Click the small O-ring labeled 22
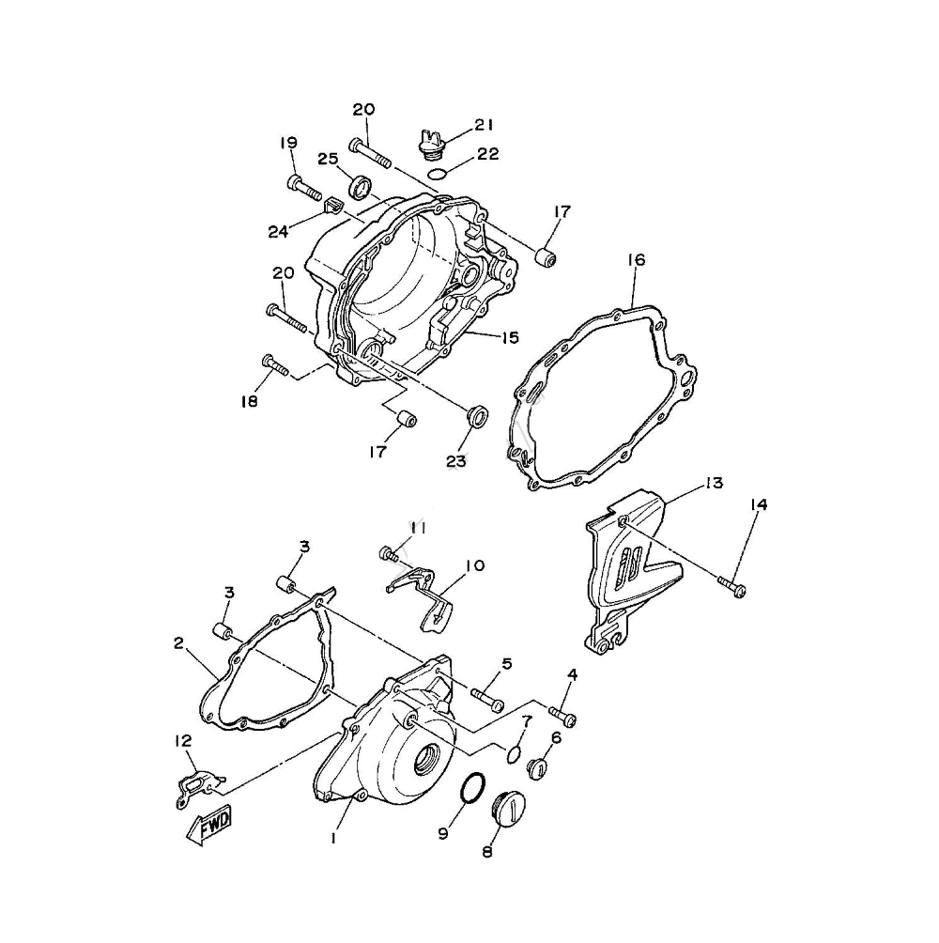point(438,175)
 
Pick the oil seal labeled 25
point(360,185)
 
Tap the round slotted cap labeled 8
point(509,808)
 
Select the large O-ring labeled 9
point(472,787)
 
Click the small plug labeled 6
point(537,768)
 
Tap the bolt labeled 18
point(276,365)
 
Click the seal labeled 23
point(478,416)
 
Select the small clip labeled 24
point(332,206)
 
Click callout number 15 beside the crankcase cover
point(510,337)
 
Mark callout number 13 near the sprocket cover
point(715,483)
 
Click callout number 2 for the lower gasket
point(178,643)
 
